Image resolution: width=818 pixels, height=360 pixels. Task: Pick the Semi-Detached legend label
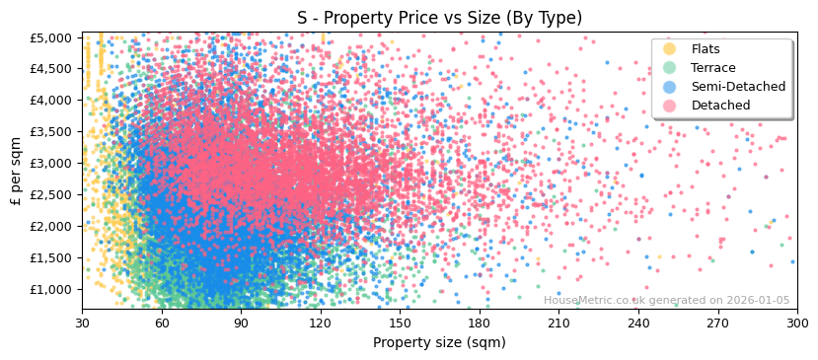click(x=738, y=87)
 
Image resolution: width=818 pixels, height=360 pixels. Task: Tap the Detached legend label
click(x=721, y=106)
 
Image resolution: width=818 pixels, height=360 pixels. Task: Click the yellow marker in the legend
click(x=669, y=49)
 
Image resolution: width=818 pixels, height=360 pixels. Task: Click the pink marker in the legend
click(x=669, y=106)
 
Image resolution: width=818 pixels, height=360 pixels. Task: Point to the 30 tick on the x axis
click(x=82, y=323)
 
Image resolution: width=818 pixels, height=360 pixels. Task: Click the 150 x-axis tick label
click(x=400, y=323)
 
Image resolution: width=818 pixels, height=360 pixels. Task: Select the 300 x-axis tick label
click(x=797, y=323)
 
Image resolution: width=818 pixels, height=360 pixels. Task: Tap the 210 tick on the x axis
click(x=558, y=323)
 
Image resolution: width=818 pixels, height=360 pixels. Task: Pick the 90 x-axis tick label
click(x=241, y=323)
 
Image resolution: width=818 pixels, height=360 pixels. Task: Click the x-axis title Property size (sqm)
click(x=439, y=342)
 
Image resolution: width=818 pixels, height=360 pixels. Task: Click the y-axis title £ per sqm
click(x=16, y=171)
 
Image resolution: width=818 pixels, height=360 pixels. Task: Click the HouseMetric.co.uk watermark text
click(x=666, y=301)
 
